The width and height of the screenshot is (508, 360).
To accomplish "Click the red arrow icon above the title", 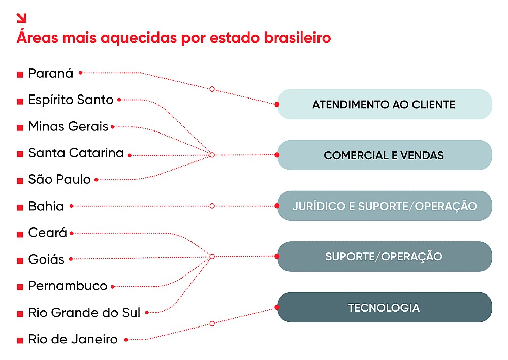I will click(x=21, y=18).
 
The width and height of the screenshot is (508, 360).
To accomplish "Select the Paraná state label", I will click(x=51, y=73).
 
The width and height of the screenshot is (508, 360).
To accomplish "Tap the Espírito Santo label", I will click(x=71, y=100).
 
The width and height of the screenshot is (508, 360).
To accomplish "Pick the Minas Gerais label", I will click(x=68, y=126).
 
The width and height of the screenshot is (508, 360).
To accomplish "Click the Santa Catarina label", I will click(x=76, y=153).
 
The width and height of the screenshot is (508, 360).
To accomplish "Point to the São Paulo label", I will click(x=59, y=180).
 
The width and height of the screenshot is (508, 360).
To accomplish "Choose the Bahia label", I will click(x=46, y=206).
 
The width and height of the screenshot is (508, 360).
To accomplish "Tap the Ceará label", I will click(x=48, y=233).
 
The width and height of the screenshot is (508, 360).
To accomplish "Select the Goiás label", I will click(x=46, y=259).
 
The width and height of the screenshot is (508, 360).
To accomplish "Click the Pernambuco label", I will click(x=68, y=286).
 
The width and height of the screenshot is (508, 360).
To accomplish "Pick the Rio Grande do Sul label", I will click(x=84, y=313).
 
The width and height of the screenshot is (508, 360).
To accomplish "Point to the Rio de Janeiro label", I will click(x=73, y=339).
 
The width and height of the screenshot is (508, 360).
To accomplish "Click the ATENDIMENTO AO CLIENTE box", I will click(x=385, y=105).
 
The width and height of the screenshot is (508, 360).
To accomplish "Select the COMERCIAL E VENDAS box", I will click(x=385, y=155).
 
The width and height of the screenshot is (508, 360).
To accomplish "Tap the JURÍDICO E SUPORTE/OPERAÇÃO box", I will click(x=385, y=206).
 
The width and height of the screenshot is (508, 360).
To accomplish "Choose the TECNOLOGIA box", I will click(x=385, y=308).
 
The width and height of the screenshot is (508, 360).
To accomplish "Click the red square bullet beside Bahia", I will click(x=20, y=207).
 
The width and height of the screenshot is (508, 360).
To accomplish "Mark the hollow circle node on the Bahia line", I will click(x=212, y=206).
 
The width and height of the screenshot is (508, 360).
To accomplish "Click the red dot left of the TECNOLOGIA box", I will click(x=277, y=307).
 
